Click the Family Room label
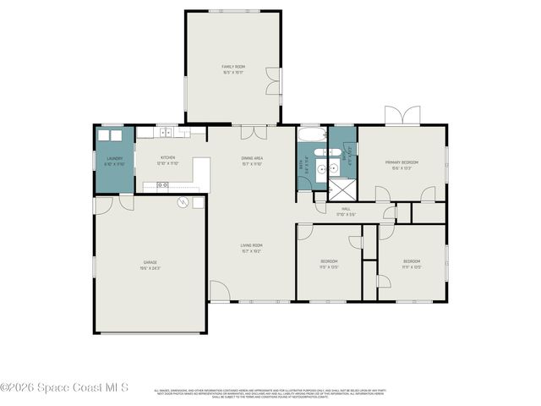coord(232,69)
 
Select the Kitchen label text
coord(167,160)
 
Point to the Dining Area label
coord(253,160)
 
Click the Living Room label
coord(252,248)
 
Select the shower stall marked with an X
coord(342,189)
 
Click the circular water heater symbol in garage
coord(182,202)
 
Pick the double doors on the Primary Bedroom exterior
coord(401,115)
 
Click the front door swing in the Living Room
coord(219,291)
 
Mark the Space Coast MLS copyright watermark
coord(64,388)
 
